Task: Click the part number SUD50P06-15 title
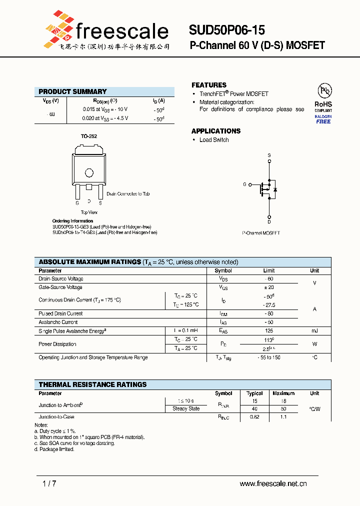pos(226,30)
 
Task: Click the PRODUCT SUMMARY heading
pos(72,91)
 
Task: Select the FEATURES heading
pos(209,85)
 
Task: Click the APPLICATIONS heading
pos(216,131)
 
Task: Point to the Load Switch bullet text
pos(214,140)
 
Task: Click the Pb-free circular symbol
pos(325,90)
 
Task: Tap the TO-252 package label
pos(89,136)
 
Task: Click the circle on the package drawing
pos(89,173)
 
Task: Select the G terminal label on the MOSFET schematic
pos(244,184)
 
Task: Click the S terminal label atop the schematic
pos(269,155)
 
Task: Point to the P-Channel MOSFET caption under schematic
pos(261,233)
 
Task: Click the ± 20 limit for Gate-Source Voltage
pos(269,287)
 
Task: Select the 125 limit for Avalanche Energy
pos(269,331)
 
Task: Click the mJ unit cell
pos(314,331)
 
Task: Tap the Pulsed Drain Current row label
pos(60,313)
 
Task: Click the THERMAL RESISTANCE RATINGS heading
pos(92,384)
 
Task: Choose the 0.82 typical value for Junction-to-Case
pos(255,417)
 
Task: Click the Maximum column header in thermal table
pos(283,393)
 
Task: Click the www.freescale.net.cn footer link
pos(273,483)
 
